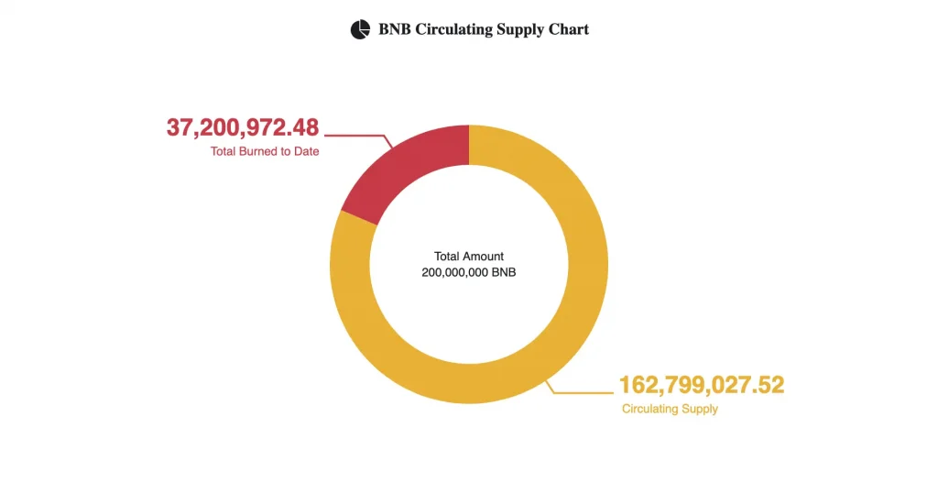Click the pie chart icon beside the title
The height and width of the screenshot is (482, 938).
[x=360, y=29]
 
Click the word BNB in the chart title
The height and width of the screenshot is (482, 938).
[x=395, y=29]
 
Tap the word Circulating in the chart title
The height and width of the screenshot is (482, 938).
[x=453, y=29]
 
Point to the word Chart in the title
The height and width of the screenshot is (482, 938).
[x=569, y=29]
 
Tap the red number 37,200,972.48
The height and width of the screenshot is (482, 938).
[x=243, y=127]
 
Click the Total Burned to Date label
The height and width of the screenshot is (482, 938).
[x=265, y=151]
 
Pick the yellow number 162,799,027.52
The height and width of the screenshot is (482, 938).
[x=702, y=385]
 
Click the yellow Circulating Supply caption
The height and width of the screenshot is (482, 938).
[x=670, y=409]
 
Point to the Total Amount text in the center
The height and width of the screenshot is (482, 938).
[x=469, y=257]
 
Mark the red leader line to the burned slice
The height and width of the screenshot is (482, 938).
[x=357, y=136]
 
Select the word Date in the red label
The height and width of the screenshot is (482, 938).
[x=307, y=151]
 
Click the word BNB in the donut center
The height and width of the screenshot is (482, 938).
[x=505, y=272]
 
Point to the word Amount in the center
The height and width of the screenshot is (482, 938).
[x=484, y=257]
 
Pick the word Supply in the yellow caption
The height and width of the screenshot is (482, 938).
[x=700, y=409]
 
